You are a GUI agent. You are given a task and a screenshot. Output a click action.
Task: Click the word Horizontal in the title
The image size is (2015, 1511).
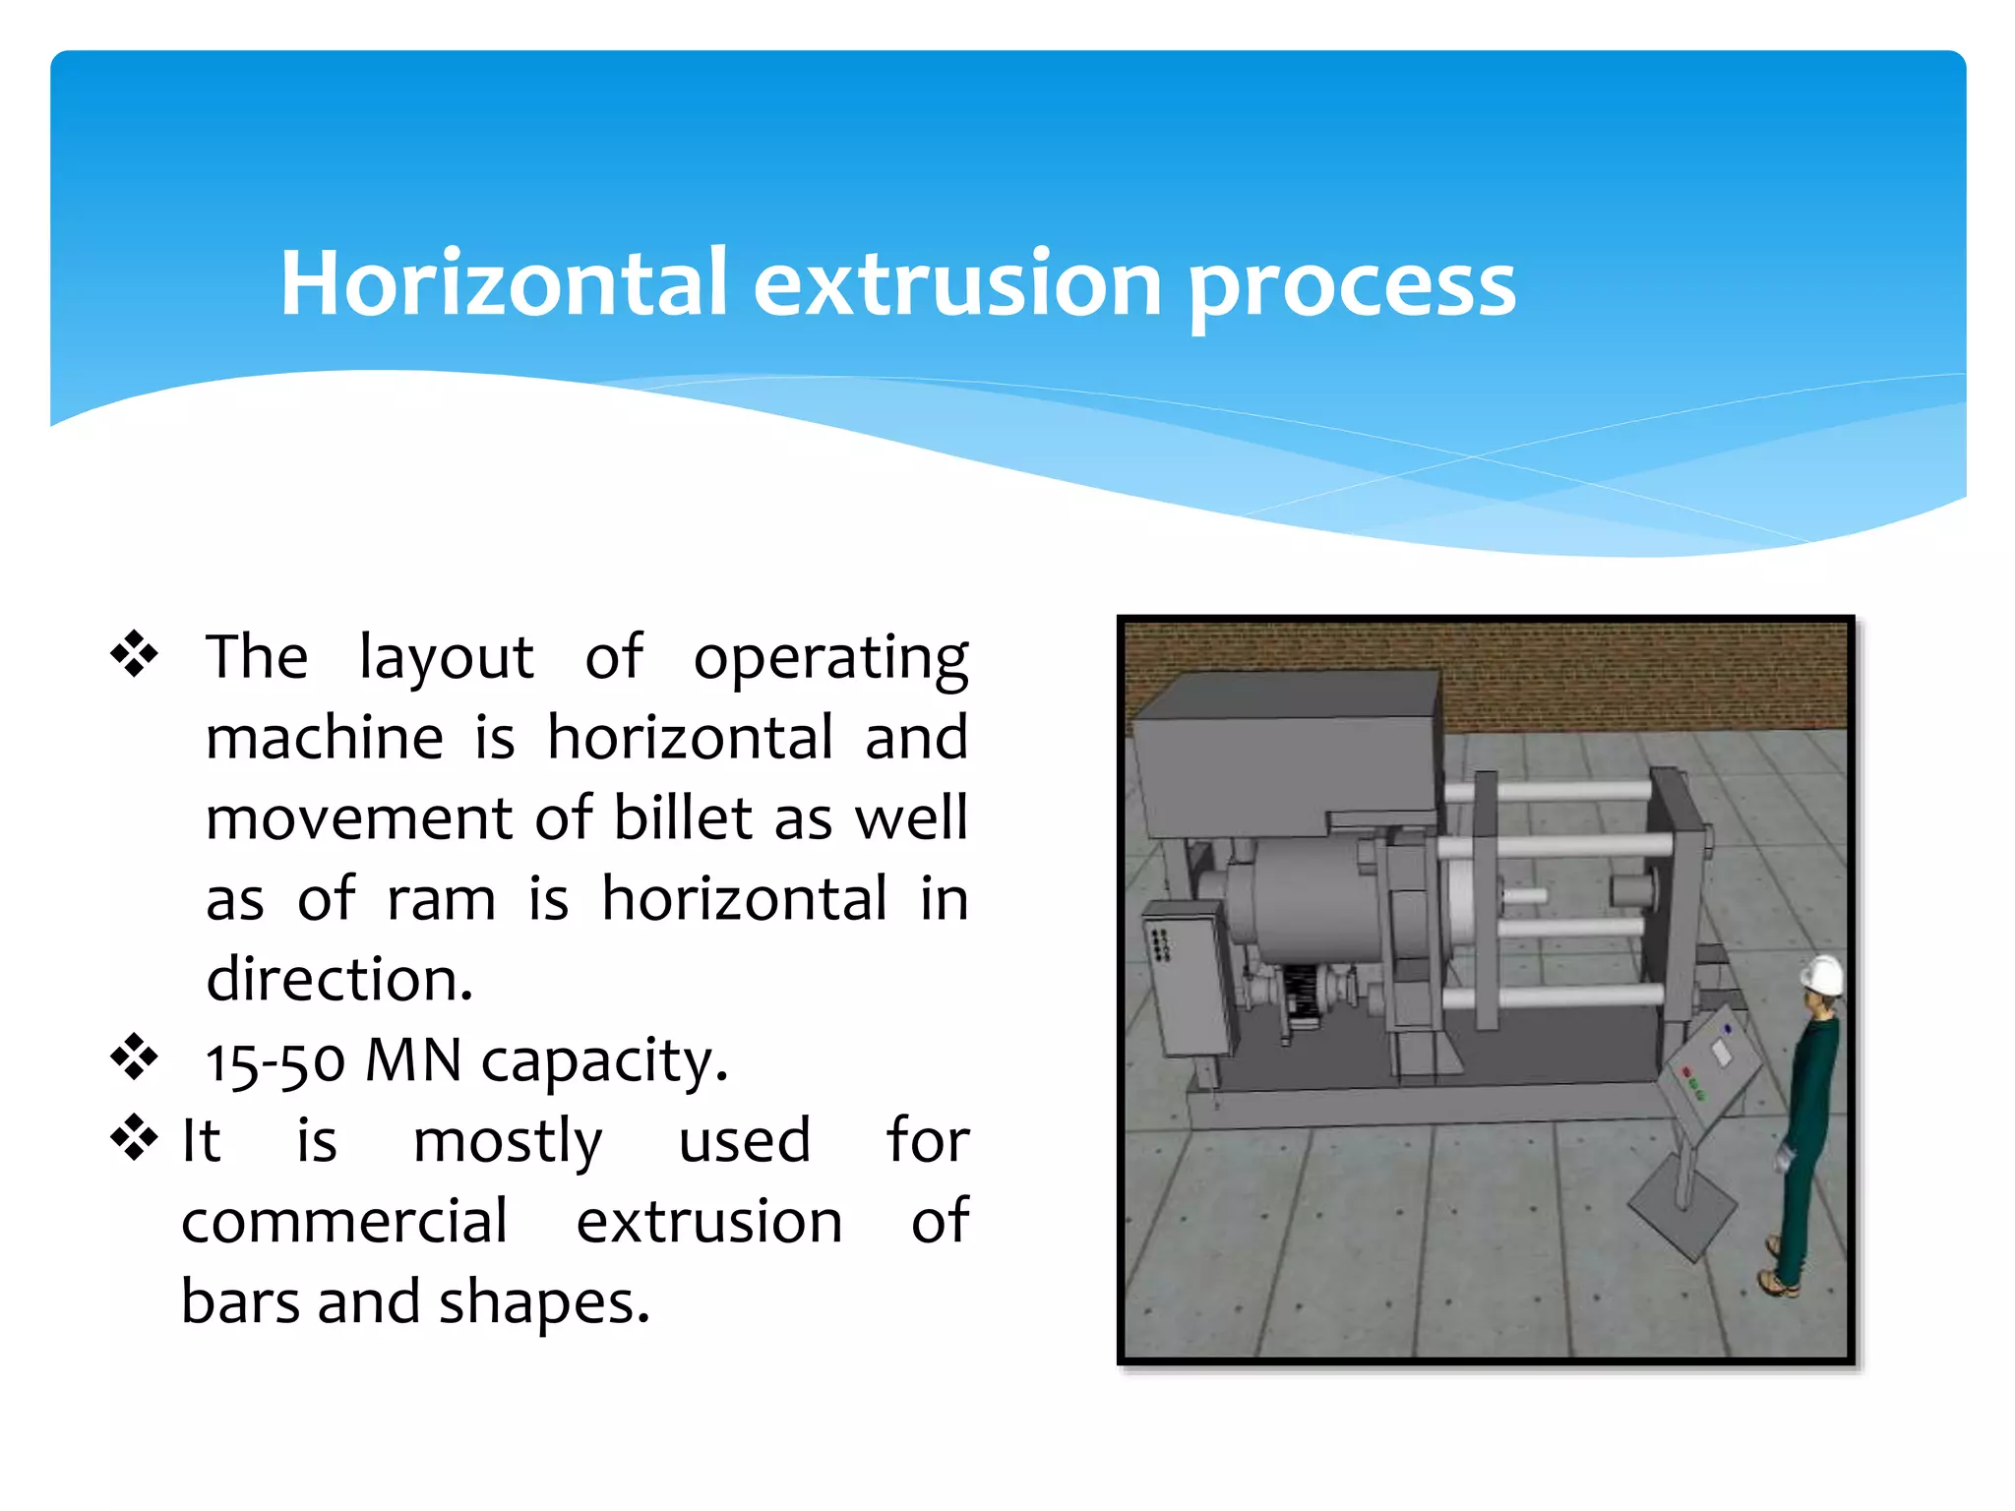click(x=503, y=283)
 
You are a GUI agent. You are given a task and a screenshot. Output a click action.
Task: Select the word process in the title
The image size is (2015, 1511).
click(x=1352, y=285)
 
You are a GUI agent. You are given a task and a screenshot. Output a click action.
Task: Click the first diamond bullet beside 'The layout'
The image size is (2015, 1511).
click(x=134, y=655)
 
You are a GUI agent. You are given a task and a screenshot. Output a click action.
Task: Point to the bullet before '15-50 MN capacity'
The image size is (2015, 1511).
click(x=134, y=1058)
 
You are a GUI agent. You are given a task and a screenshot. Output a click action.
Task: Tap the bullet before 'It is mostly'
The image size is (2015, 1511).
click(x=134, y=1139)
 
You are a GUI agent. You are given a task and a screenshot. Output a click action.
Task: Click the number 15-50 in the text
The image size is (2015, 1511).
click(x=275, y=1062)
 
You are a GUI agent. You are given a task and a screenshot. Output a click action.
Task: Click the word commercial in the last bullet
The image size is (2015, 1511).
click(x=344, y=1222)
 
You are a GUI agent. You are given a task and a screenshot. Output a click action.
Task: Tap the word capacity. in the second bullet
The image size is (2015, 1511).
click(x=604, y=1062)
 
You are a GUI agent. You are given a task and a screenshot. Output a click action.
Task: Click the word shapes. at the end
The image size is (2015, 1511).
click(x=544, y=1302)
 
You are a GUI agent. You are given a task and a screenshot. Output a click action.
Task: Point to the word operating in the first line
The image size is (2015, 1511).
click(x=830, y=657)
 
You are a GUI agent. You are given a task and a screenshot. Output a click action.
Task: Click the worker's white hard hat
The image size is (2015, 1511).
click(x=1822, y=974)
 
